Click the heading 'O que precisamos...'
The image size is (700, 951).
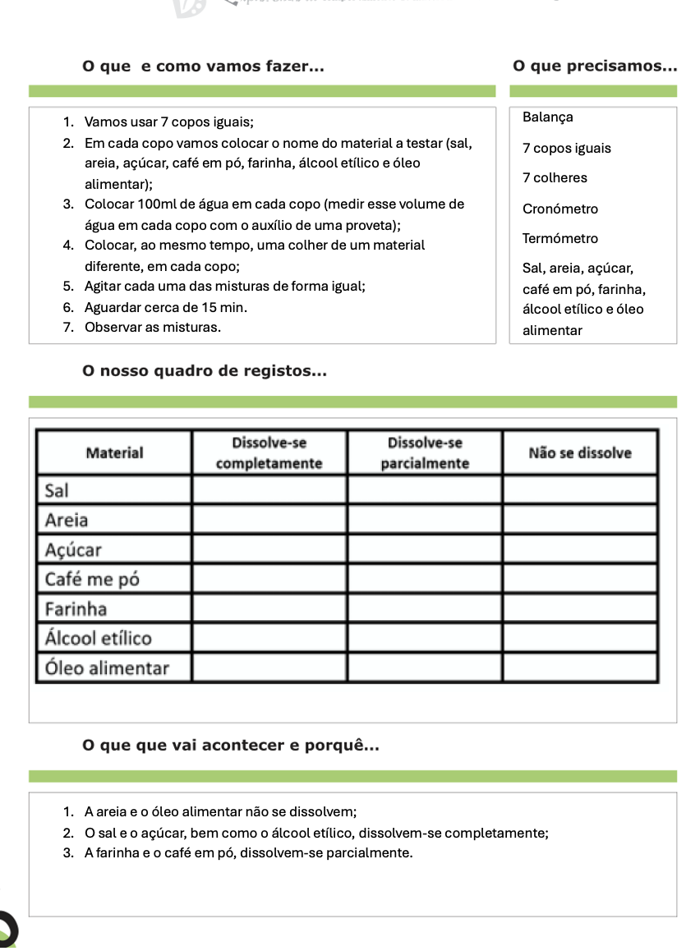coord(594,66)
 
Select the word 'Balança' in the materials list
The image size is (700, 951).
coord(547,117)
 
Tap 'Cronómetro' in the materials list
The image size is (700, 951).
coord(560,209)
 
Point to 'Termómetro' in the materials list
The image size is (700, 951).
coord(560,239)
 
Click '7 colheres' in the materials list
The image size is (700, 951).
coord(555,178)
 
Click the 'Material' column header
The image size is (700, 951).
coord(114,453)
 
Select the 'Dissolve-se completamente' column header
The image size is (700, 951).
coord(269,453)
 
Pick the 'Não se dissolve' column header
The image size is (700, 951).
coord(579,453)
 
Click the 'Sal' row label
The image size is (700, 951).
coord(57,490)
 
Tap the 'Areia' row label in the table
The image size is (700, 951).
coord(67,520)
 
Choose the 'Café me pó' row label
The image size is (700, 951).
coord(92,579)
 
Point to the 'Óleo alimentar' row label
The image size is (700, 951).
coord(107,668)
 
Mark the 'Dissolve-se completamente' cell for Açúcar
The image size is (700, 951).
coord(269,549)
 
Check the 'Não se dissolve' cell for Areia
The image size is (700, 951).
coord(579,520)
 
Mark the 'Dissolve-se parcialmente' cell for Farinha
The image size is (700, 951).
coord(424,609)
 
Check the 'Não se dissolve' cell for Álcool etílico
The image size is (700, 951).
coord(579,638)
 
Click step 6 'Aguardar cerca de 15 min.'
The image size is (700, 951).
coord(165,307)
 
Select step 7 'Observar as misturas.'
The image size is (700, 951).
coord(153,327)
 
